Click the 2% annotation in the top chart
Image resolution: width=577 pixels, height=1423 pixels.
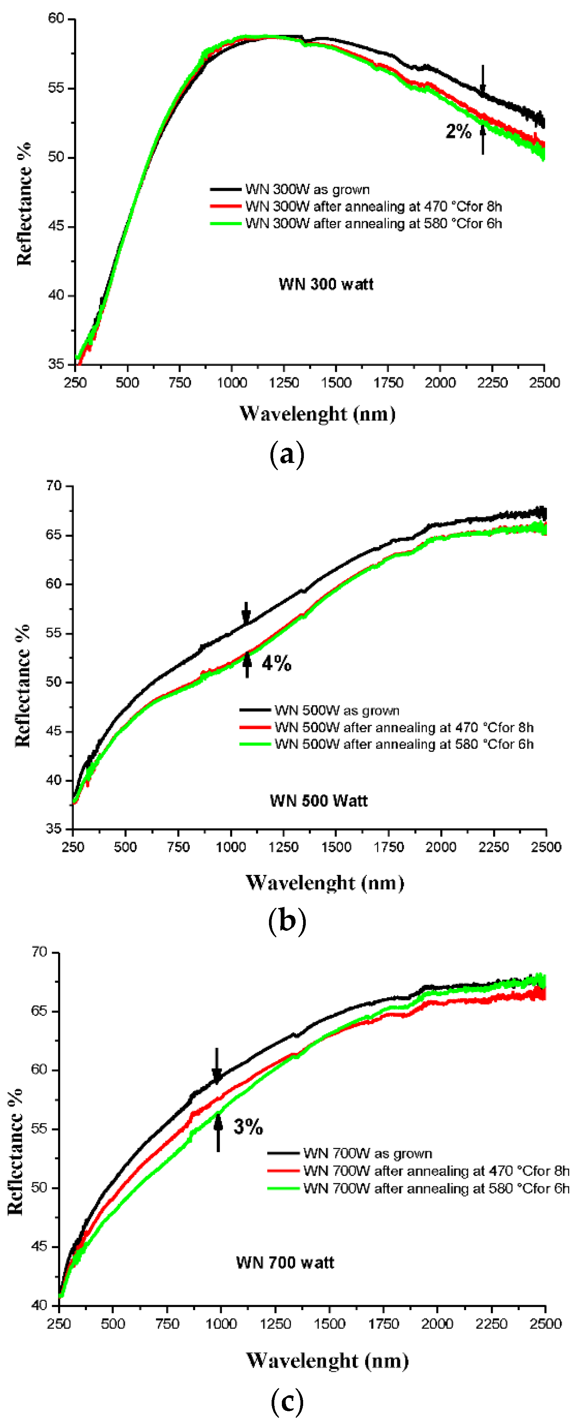pos(458,132)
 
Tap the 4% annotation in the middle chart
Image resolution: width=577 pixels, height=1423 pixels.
pos(276,663)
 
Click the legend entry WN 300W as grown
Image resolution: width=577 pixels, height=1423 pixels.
pos(307,190)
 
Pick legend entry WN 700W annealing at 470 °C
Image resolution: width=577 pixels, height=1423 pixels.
pos(436,1171)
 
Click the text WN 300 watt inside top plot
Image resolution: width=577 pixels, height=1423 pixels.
pos(326,285)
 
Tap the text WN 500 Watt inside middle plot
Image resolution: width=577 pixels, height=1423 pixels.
pos(319,800)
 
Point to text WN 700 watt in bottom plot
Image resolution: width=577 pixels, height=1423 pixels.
pos(285,1262)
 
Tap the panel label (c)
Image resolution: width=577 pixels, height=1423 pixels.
pos(287,1400)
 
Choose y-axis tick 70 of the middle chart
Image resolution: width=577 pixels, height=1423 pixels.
pos(54,486)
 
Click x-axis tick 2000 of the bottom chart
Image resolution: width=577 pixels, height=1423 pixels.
pos(437,1323)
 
